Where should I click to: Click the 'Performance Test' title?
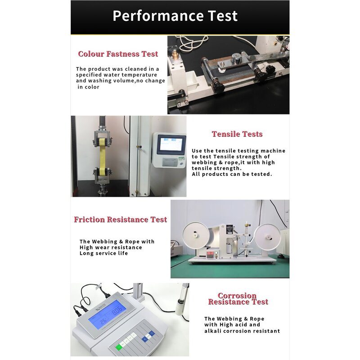175,16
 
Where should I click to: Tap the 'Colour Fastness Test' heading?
118,54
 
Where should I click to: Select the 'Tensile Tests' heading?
237,134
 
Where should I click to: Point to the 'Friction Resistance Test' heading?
120,220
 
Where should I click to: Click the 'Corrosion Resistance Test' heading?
238,299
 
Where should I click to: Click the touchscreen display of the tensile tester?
171,144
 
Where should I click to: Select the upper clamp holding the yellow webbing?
103,138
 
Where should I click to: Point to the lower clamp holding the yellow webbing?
103,175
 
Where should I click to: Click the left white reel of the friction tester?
196,235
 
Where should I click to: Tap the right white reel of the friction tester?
268,237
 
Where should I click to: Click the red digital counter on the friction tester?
211,253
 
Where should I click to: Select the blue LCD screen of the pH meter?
107,314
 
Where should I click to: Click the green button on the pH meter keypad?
119,347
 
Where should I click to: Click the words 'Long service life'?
103,253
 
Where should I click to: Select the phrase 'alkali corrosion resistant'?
242,331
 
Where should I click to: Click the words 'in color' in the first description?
88,87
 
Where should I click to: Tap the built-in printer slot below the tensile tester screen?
170,162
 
